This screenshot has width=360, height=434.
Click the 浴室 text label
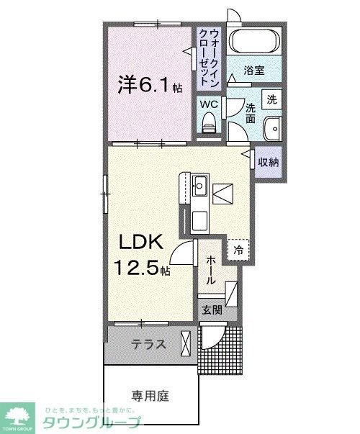point(253,71)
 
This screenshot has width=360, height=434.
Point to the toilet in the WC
point(210,126)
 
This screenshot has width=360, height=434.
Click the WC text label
point(209,104)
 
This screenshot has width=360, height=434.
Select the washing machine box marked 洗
point(271,100)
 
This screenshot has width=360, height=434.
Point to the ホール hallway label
point(212,269)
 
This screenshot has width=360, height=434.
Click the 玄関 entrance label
point(211,310)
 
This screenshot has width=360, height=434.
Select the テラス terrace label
point(149,345)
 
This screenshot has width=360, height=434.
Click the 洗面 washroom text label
point(250,114)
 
